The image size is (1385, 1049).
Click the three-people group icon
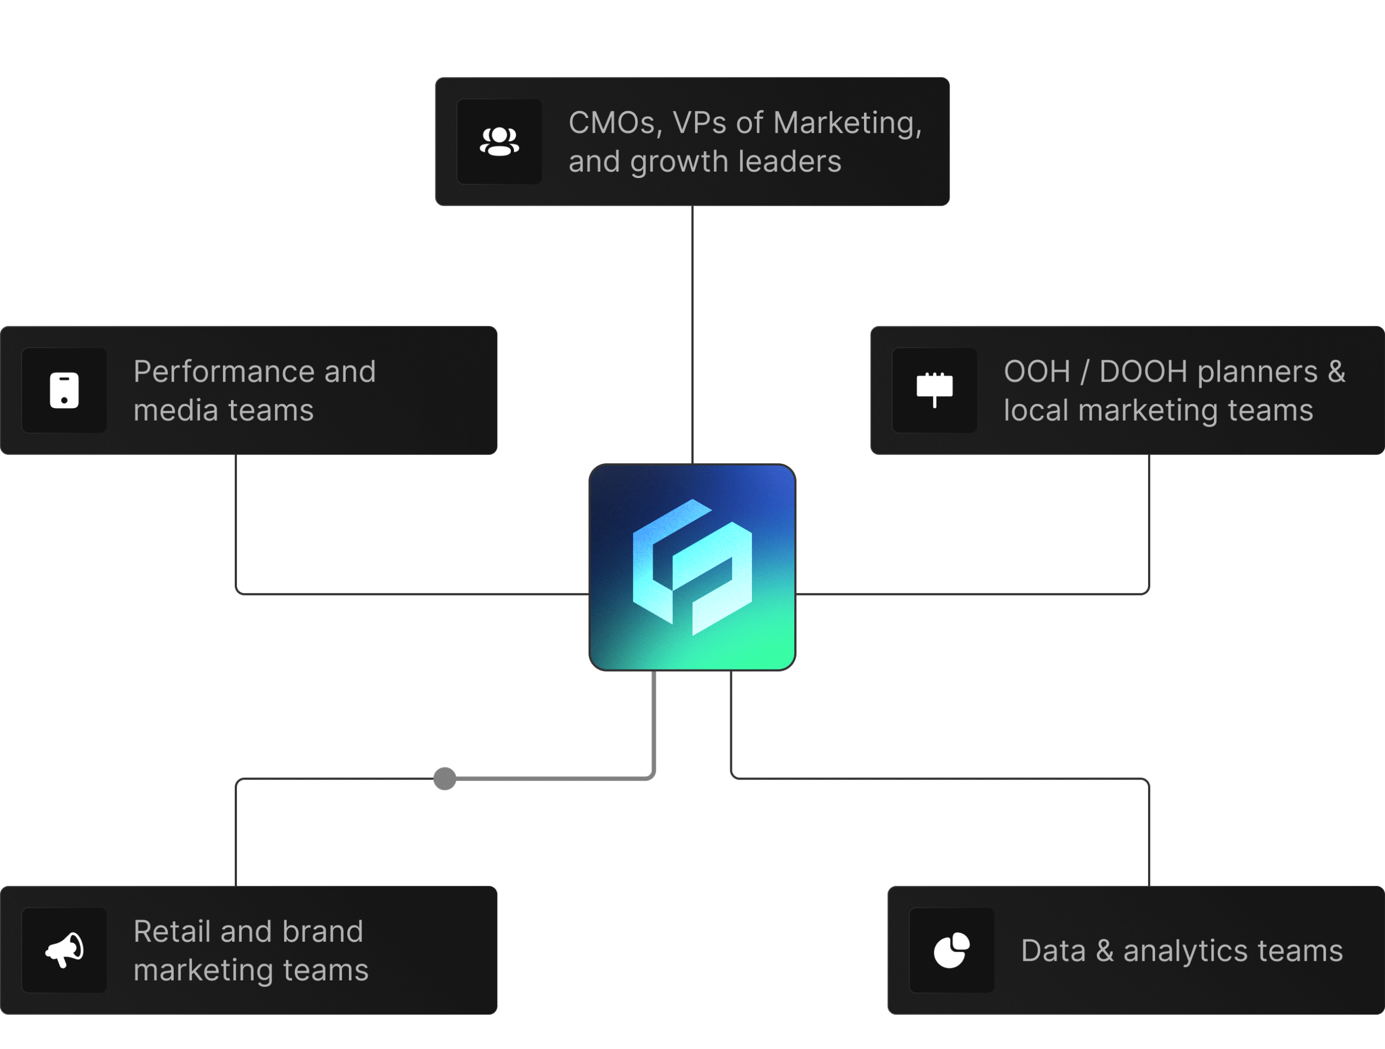tap(499, 141)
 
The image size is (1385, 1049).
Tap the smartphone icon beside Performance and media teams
tap(64, 390)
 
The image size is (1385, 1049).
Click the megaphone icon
tap(64, 949)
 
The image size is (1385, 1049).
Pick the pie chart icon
tap(951, 950)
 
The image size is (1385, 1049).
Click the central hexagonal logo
tap(692, 567)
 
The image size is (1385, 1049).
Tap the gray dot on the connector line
tap(445, 778)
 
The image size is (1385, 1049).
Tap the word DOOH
tap(1143, 371)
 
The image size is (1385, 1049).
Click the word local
tap(1036, 410)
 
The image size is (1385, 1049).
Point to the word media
tap(175, 410)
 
